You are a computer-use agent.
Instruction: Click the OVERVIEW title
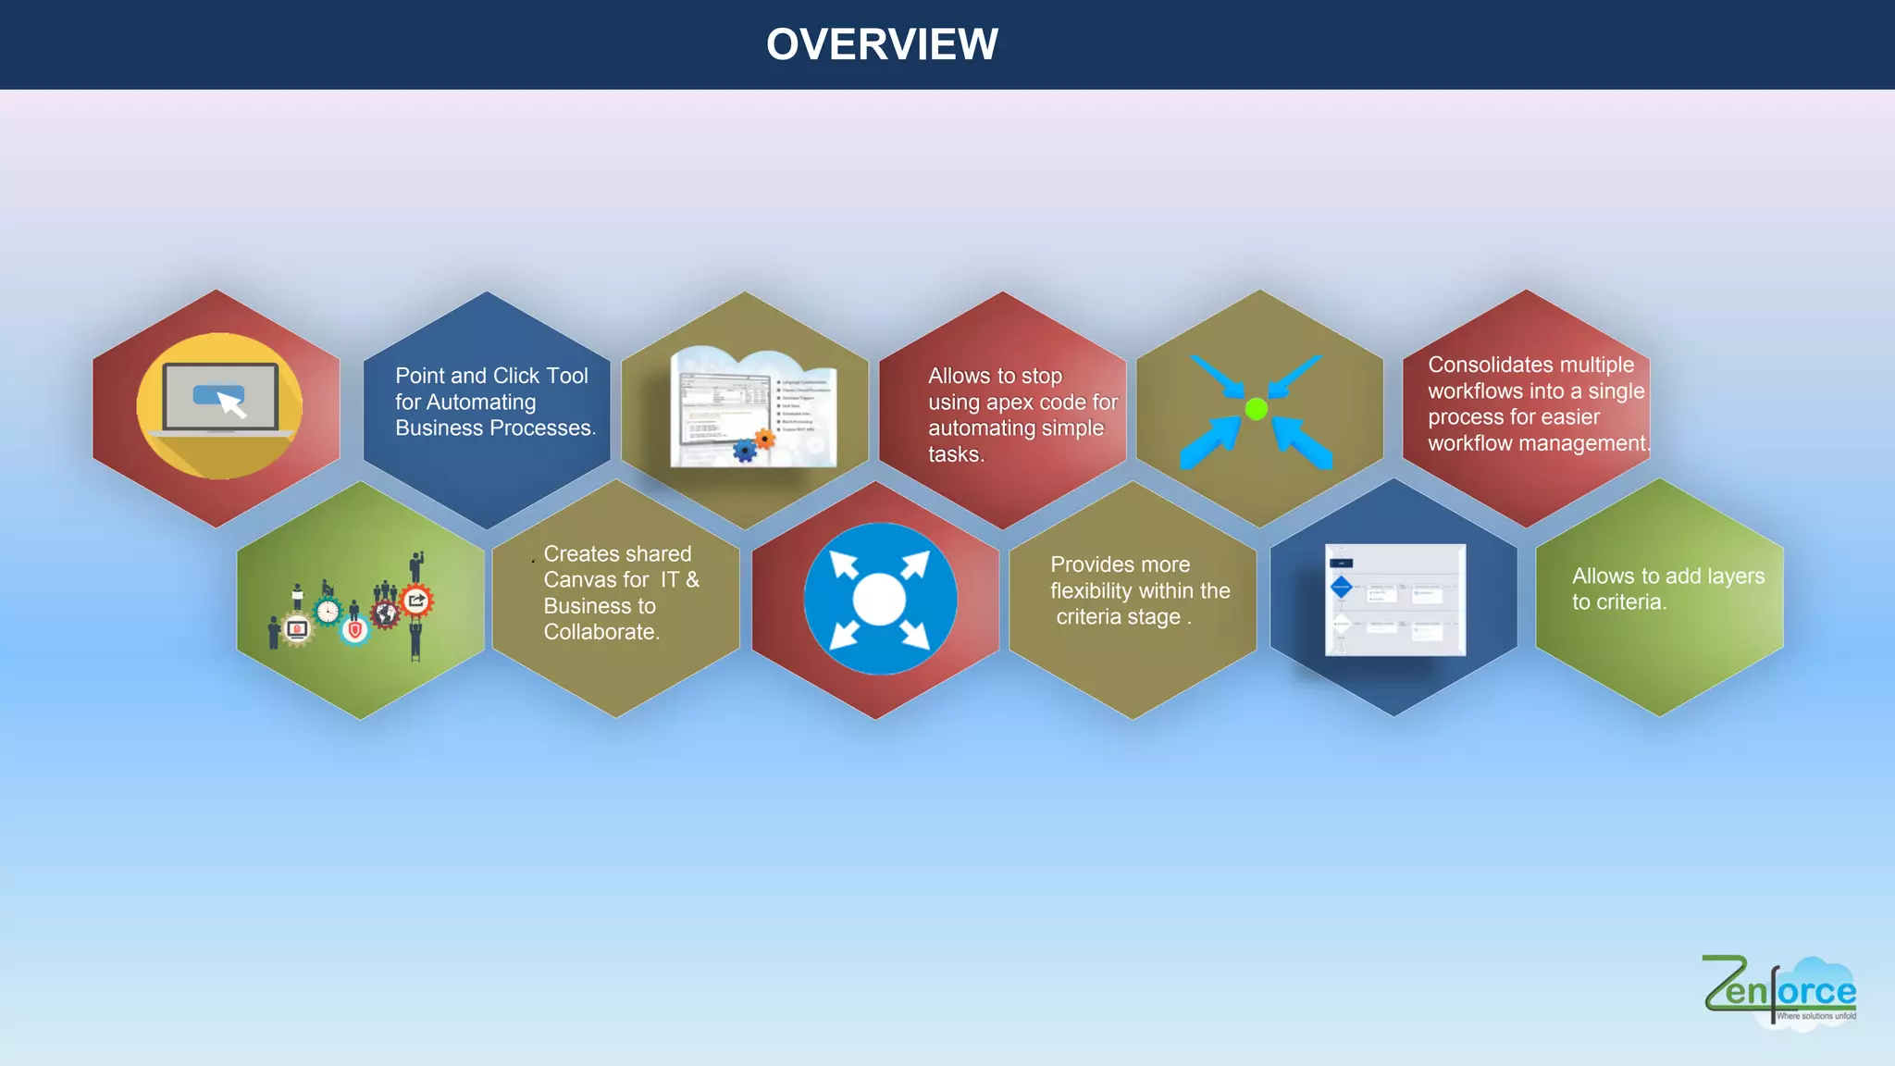pos(882,44)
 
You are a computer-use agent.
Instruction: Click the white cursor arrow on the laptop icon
pos(232,405)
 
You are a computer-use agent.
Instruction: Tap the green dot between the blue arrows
pos(1256,408)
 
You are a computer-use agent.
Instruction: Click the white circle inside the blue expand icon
pos(878,599)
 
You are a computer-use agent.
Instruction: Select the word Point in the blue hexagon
pos(420,376)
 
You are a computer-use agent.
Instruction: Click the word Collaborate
pos(601,632)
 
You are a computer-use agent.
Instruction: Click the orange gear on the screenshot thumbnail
pos(764,439)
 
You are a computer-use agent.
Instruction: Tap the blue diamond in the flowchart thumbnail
pos(1341,587)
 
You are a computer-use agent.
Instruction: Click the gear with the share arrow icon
pos(416,601)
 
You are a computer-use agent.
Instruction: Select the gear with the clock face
pos(328,612)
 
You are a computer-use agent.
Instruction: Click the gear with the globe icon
pos(386,613)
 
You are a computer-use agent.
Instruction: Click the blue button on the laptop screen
pos(217,394)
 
